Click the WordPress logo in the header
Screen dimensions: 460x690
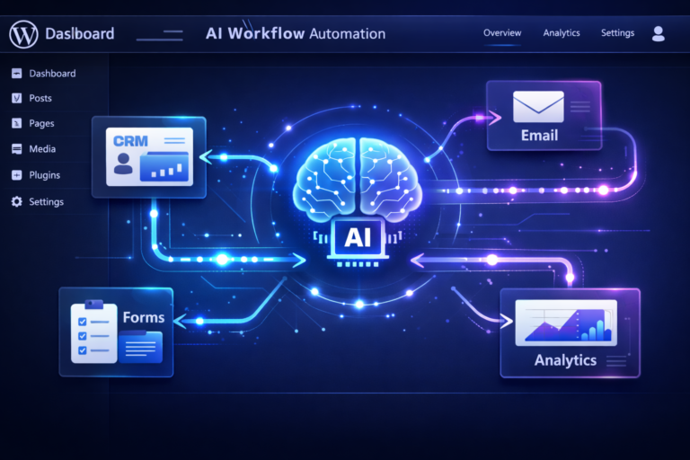click(22, 34)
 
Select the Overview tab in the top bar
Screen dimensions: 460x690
click(502, 33)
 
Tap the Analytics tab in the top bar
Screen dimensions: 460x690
click(562, 33)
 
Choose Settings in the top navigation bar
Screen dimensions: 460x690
click(617, 33)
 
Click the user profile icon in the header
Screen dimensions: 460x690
click(659, 33)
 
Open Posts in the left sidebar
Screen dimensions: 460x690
click(40, 98)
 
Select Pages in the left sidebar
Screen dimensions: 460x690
click(41, 123)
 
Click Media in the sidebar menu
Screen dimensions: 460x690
click(42, 149)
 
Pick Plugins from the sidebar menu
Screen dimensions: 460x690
click(45, 175)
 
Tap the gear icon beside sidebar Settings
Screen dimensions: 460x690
click(16, 201)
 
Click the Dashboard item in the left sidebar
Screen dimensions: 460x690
click(52, 73)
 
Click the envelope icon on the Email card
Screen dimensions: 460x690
click(538, 107)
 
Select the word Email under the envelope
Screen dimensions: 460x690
click(539, 136)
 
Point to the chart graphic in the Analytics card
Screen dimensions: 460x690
click(566, 322)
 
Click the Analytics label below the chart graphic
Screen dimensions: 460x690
click(565, 360)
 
